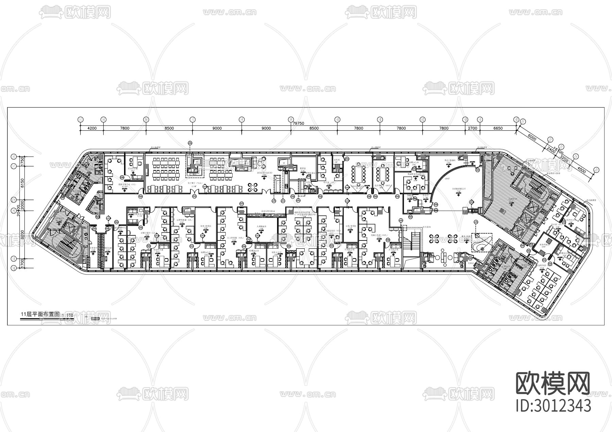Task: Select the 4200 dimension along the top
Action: point(92,128)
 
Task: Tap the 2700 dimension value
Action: point(473,128)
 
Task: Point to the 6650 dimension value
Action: point(498,128)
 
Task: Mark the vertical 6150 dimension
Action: point(23,183)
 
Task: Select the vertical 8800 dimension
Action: point(23,234)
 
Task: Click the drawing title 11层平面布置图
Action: point(40,314)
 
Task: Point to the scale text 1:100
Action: point(68,315)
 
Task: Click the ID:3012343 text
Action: point(553,406)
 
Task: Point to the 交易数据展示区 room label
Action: point(456,189)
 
